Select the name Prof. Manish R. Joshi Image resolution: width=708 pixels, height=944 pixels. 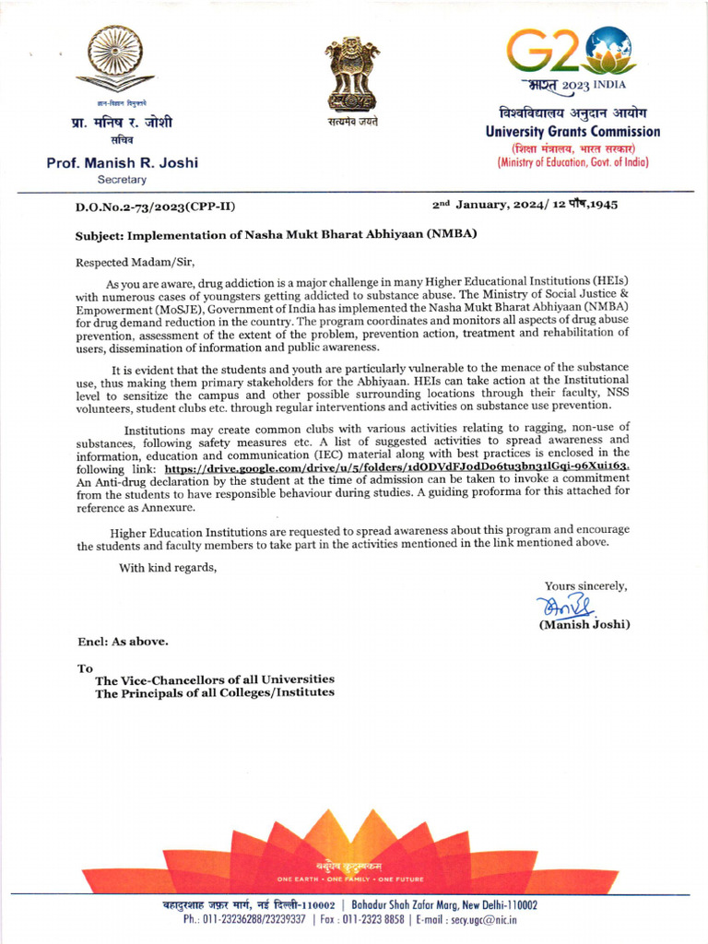[123, 163]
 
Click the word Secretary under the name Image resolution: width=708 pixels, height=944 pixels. [122, 180]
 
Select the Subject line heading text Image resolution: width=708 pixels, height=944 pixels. [276, 234]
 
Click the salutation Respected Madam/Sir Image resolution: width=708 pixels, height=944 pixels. [136, 262]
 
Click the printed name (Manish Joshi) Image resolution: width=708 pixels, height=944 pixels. [584, 624]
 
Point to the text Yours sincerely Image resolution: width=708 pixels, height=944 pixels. [585, 585]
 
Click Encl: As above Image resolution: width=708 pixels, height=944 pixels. [123, 641]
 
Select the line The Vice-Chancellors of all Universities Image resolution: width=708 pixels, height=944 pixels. [215, 679]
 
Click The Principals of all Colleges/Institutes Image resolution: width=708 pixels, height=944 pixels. [215, 692]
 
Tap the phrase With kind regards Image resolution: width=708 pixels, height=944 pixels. [168, 567]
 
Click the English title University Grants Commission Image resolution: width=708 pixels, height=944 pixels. [572, 132]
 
